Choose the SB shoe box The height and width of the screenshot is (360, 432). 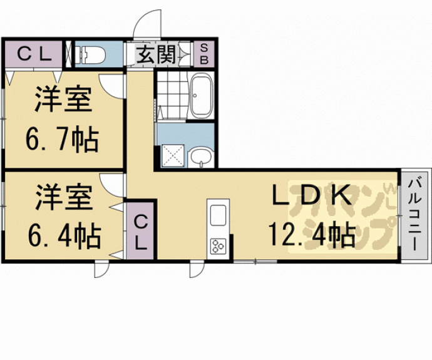click(x=205, y=54)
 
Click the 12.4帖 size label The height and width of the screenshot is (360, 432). click(x=311, y=235)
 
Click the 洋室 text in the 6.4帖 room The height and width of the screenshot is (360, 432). click(x=64, y=198)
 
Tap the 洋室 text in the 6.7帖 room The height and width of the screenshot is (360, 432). click(x=63, y=101)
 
